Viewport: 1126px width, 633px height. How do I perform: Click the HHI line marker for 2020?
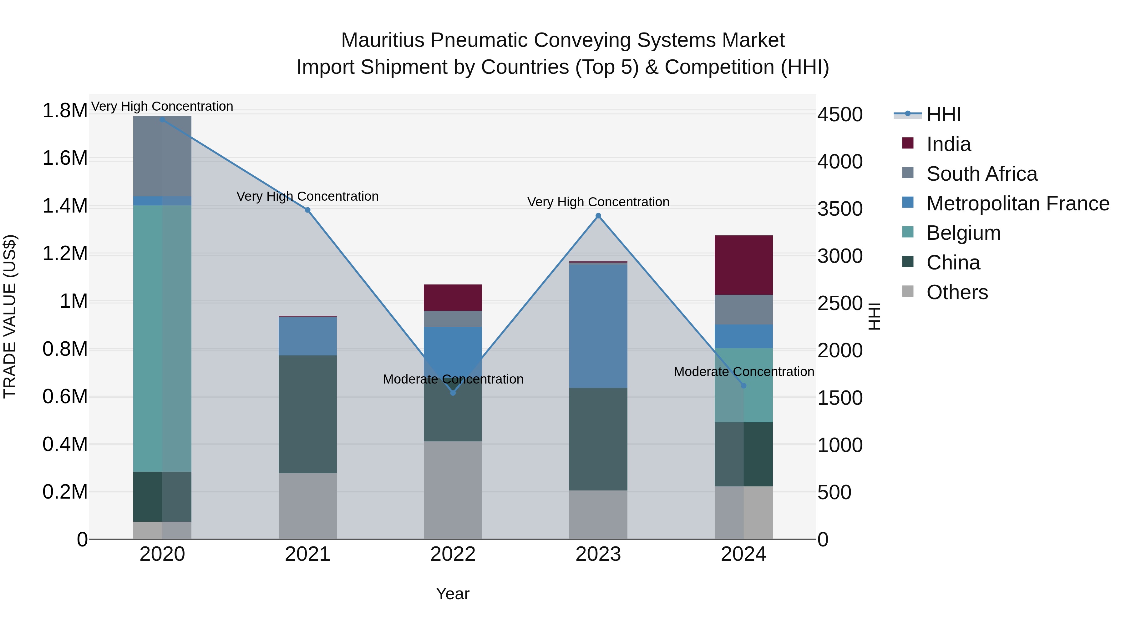tap(162, 119)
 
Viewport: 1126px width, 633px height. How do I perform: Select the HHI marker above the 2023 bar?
tap(598, 216)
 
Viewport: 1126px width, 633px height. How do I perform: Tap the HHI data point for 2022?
tap(453, 393)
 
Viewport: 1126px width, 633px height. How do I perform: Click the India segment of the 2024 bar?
tap(743, 265)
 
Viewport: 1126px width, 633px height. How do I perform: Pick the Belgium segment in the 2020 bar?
tap(162, 339)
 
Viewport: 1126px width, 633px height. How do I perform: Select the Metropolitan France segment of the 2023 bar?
tap(598, 326)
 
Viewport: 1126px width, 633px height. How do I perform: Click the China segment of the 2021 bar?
tap(308, 414)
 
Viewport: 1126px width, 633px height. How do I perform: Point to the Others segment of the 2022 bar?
tap(453, 490)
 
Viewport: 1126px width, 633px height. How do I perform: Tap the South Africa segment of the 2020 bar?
tap(162, 156)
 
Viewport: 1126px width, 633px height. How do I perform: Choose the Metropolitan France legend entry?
tap(1017, 203)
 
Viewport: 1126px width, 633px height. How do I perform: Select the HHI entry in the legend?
tap(943, 114)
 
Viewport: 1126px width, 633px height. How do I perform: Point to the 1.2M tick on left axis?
tap(65, 254)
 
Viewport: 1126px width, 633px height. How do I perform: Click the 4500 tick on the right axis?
tap(840, 114)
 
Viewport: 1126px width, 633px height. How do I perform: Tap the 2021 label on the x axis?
tap(308, 554)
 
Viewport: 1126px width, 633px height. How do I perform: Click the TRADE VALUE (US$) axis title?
tap(10, 316)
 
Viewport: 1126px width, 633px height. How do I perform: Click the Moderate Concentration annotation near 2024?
tap(743, 372)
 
